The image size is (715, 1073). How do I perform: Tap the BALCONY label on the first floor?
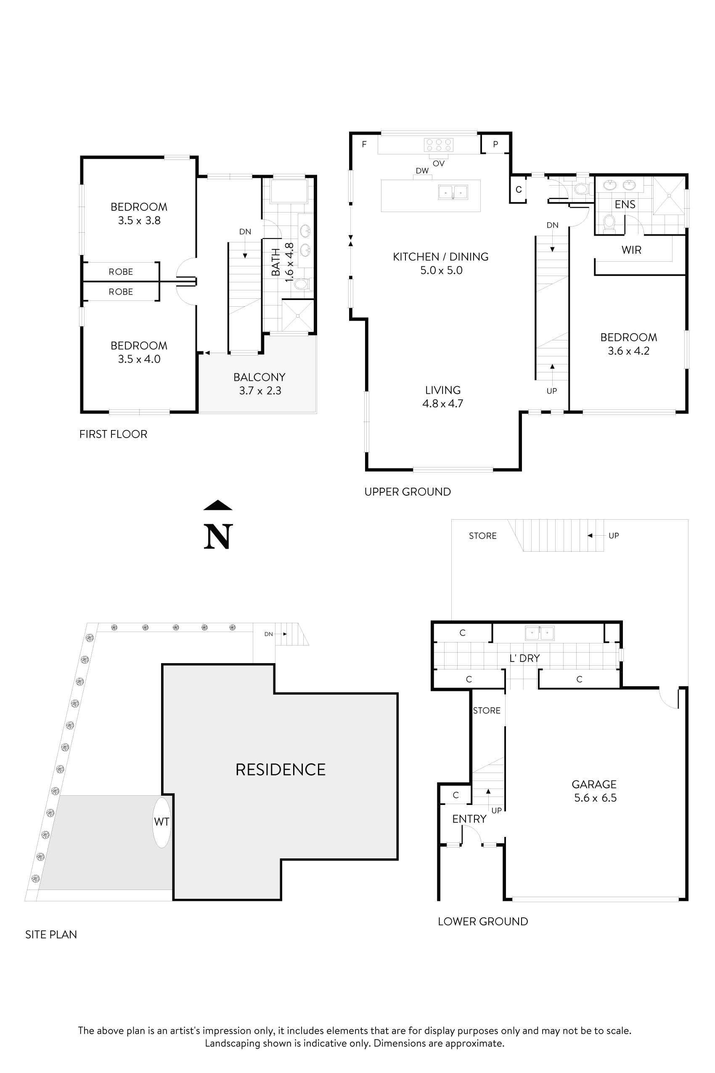[x=260, y=377]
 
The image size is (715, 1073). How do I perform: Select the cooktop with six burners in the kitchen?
[x=438, y=145]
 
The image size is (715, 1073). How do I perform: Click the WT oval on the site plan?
[x=162, y=822]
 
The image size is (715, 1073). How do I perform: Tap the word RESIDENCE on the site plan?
[x=281, y=770]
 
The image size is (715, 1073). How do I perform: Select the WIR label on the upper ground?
[x=631, y=250]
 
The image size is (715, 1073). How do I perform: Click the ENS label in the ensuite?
[x=625, y=205]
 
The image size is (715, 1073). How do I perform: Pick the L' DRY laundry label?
[x=524, y=658]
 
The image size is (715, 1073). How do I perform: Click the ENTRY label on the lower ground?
[x=469, y=819]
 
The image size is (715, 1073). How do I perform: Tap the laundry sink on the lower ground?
[x=540, y=633]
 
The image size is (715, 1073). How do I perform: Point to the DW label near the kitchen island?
[x=422, y=170]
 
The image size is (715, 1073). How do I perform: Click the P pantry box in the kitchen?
[x=495, y=144]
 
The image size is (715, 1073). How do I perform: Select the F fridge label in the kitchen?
[x=364, y=145]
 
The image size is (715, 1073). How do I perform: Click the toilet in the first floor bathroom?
[x=302, y=285]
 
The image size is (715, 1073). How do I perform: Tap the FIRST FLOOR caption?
[x=113, y=434]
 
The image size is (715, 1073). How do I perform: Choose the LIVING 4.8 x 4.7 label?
[x=442, y=396]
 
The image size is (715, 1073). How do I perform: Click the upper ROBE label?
[x=121, y=272]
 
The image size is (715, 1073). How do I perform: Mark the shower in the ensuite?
[x=668, y=196]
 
